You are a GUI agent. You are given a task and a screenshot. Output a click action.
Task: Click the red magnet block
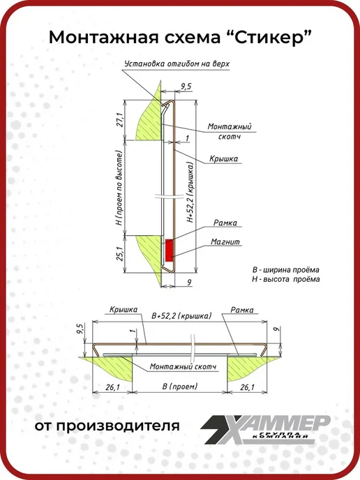[x=169, y=250]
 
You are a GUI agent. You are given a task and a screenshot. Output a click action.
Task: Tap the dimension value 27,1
[x=120, y=120]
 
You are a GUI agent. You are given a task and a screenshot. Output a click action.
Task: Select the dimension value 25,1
[x=120, y=253]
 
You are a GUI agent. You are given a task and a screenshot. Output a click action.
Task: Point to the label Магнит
[x=225, y=242]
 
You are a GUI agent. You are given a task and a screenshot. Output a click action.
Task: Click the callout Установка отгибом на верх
[x=177, y=63]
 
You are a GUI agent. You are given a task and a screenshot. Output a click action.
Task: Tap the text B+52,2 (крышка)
[x=181, y=315]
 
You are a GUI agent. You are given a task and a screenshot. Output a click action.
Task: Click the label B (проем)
[x=180, y=387]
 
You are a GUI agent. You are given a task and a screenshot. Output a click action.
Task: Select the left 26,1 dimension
[x=112, y=387]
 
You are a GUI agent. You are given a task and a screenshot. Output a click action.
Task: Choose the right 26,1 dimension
[x=247, y=387]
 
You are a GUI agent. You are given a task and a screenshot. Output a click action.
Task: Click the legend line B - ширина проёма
[x=285, y=270]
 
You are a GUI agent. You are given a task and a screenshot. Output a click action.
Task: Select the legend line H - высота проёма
[x=285, y=279]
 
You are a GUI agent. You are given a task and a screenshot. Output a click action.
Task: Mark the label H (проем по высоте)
[x=119, y=188]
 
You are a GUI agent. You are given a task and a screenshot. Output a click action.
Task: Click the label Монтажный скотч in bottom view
[x=183, y=366]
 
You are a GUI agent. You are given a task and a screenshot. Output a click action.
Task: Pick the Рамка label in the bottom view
[x=242, y=310]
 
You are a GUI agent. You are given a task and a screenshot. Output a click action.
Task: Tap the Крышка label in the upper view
[x=223, y=158]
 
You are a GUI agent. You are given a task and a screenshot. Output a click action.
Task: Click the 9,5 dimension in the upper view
[x=186, y=87]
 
